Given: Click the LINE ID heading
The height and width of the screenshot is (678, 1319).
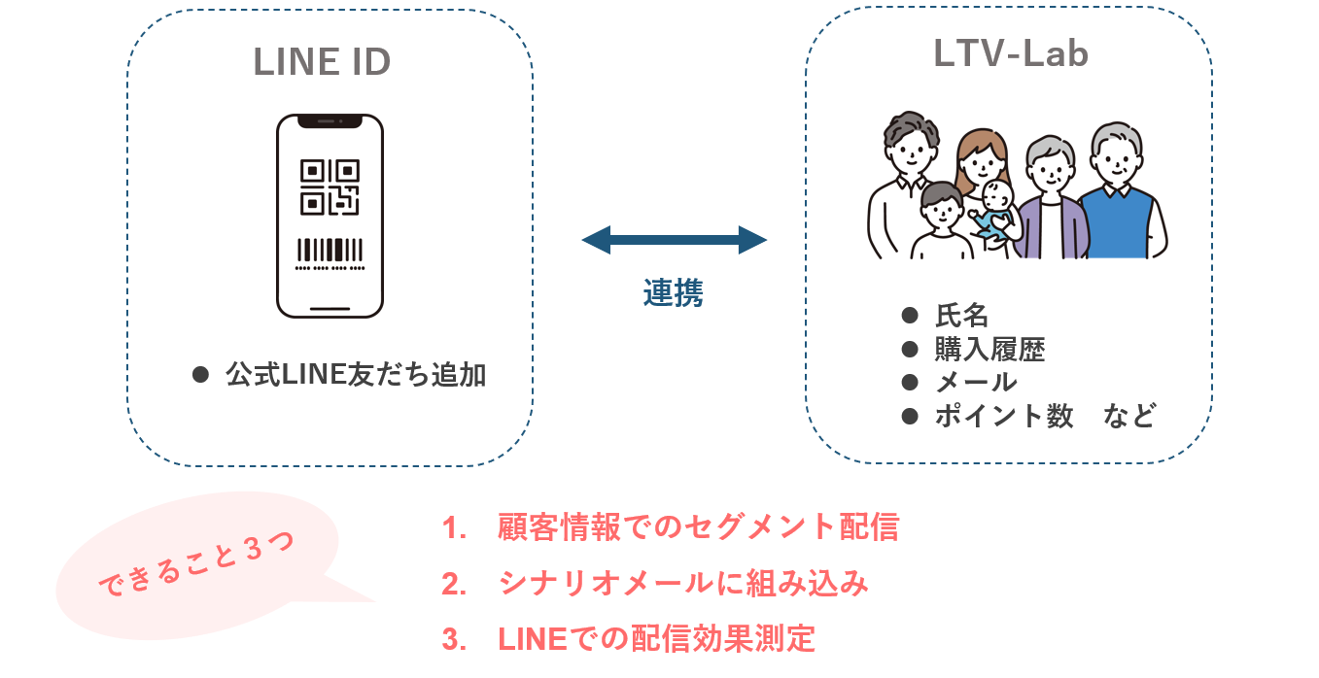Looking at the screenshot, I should [322, 62].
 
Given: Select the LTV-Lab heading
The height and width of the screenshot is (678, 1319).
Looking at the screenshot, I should [1011, 54].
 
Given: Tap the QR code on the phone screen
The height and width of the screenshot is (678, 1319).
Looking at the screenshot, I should [330, 186].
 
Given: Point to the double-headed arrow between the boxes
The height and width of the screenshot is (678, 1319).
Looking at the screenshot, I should [674, 240].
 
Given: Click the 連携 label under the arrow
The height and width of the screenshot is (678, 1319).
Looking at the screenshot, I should [673, 292].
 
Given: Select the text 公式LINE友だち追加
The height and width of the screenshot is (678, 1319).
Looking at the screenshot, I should [356, 375].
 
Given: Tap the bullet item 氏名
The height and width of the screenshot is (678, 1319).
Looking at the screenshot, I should [961, 316].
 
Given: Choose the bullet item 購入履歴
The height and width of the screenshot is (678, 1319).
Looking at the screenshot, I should [989, 349].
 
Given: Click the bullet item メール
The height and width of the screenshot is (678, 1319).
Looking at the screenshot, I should [976, 382].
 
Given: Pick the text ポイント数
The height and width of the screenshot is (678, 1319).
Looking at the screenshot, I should [1004, 416].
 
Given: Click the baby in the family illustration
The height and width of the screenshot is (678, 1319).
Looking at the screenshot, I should [994, 209].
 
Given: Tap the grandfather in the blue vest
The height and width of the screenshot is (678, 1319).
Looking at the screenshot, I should [1117, 194].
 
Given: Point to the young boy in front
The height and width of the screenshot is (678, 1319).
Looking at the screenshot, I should [942, 221].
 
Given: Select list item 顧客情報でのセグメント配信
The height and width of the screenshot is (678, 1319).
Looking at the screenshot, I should [698, 527].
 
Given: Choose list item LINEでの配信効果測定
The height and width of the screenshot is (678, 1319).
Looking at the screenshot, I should [656, 638].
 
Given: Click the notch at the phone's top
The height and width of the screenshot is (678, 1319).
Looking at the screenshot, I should [330, 121].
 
